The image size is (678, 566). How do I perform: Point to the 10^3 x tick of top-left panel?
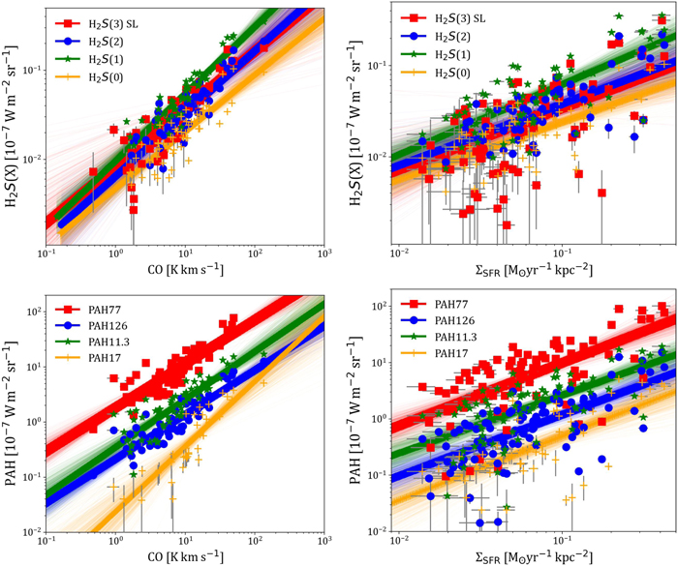324,254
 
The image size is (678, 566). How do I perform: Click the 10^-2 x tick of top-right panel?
397,254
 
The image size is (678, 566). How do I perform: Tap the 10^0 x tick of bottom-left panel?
115,540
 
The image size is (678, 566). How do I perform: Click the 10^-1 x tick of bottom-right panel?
559,540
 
